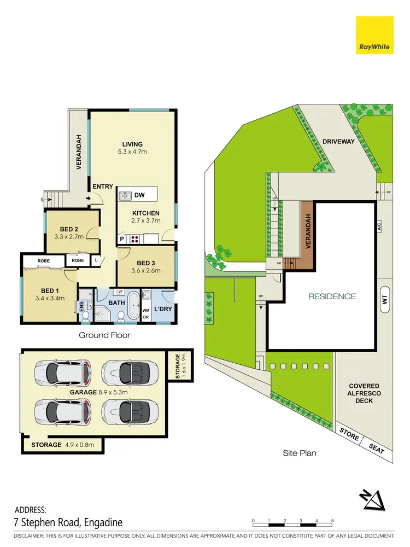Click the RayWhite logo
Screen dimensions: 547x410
[x=374, y=36]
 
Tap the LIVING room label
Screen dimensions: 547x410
[x=132, y=144]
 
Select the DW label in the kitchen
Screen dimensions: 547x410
[x=139, y=195]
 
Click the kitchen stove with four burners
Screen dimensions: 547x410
[x=133, y=238]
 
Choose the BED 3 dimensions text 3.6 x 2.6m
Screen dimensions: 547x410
[x=146, y=271]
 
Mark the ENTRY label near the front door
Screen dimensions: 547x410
[x=103, y=187]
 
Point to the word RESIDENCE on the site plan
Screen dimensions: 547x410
[x=332, y=296]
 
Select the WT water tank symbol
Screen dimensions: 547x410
[x=385, y=299]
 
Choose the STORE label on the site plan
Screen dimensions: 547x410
[x=348, y=437]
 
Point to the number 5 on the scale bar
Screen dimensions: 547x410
[x=332, y=520]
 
